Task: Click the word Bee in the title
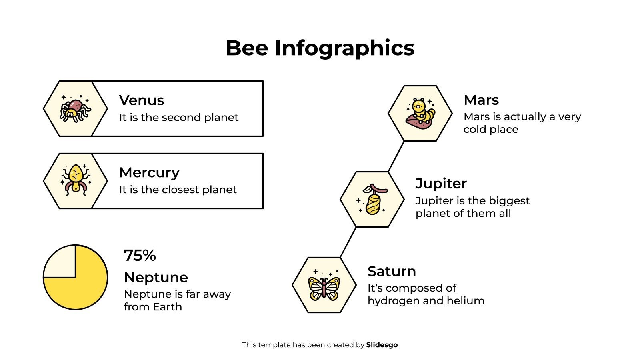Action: (246, 48)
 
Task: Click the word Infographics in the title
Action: (344, 49)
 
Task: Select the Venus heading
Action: (142, 100)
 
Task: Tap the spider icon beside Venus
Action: (75, 109)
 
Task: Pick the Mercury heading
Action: (149, 172)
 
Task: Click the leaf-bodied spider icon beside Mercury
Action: (75, 180)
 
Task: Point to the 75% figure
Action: (140, 256)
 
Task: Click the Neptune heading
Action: (156, 277)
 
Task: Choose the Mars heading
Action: (481, 100)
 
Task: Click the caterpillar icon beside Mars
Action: (420, 114)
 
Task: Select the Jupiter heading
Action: (441, 183)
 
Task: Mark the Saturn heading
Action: (392, 271)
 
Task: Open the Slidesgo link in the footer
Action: (382, 345)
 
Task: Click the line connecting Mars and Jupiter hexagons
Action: (396, 156)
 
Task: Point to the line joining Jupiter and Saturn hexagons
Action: (348, 242)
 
